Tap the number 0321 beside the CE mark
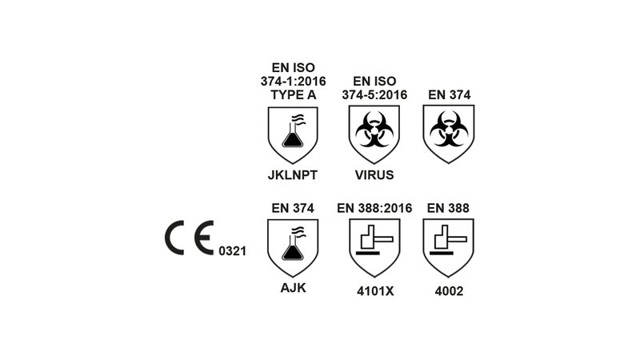[x=231, y=250]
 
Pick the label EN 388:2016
[x=374, y=209]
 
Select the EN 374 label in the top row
[x=448, y=94]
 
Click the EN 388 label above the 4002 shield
[x=448, y=209]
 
